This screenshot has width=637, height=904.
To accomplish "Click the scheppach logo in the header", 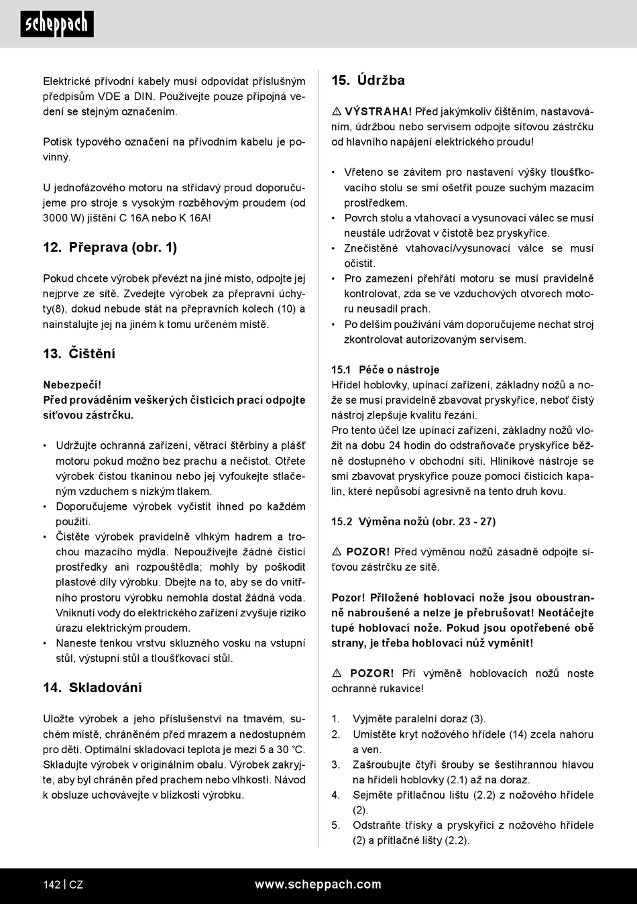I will pyautogui.click(x=57, y=24).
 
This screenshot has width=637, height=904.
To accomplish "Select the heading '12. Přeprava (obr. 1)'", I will pyautogui.click(x=110, y=247).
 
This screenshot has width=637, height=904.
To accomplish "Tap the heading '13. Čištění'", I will pyautogui.click(x=79, y=353).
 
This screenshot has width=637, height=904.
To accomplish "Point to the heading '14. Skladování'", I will pyautogui.click(x=93, y=687).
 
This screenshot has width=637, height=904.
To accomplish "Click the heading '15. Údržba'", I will pyautogui.click(x=368, y=80).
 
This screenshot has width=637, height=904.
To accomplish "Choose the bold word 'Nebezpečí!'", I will pyautogui.click(x=72, y=385).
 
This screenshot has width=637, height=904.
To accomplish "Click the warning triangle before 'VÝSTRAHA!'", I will pyautogui.click(x=337, y=111).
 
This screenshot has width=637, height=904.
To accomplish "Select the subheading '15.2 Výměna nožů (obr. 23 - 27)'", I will pyautogui.click(x=414, y=521).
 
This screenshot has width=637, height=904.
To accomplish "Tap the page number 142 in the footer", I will pyautogui.click(x=52, y=885).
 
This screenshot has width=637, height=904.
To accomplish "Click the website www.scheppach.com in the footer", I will pyautogui.click(x=318, y=885).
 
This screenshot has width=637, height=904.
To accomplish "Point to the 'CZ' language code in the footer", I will pyautogui.click(x=76, y=885).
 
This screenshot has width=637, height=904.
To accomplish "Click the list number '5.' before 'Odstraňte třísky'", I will pyautogui.click(x=336, y=826).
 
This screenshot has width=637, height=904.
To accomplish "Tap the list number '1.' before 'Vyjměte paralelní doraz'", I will pyautogui.click(x=336, y=719).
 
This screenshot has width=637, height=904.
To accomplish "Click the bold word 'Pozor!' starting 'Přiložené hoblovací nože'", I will pyautogui.click(x=349, y=598).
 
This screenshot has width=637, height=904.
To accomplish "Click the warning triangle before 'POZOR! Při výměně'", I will pyautogui.click(x=337, y=673).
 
